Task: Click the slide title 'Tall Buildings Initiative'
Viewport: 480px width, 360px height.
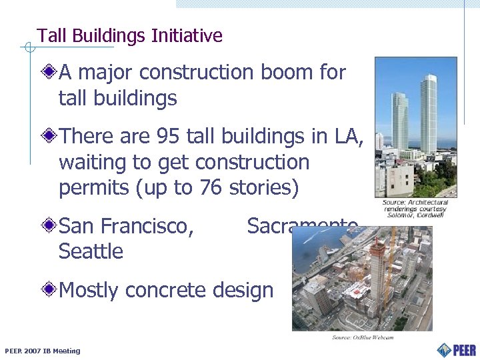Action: [129, 36]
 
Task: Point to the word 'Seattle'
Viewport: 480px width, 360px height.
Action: [91, 252]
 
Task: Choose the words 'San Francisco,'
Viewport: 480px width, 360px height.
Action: [127, 227]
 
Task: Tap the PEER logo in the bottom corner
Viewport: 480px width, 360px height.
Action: [456, 349]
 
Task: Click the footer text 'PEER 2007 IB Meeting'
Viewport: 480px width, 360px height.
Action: [42, 351]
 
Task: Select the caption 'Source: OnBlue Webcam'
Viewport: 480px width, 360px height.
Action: [363, 337]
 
